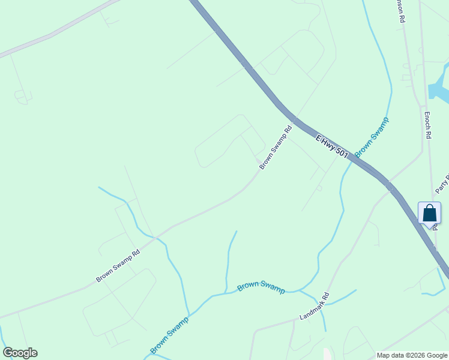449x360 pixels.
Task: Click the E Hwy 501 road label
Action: click(x=332, y=146)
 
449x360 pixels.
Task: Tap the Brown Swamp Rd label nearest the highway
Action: click(x=276, y=147)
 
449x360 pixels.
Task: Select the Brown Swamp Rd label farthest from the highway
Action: click(x=118, y=266)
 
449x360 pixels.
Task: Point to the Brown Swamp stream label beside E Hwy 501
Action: click(x=372, y=137)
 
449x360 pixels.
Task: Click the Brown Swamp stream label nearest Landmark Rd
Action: click(x=261, y=287)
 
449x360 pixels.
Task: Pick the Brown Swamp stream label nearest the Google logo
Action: click(x=169, y=334)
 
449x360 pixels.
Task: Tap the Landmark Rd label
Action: click(x=315, y=306)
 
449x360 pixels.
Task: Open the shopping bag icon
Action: click(x=429, y=213)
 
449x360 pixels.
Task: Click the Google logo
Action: click(x=20, y=353)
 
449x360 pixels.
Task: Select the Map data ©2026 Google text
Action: click(x=412, y=355)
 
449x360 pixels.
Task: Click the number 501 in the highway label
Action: click(x=342, y=154)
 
